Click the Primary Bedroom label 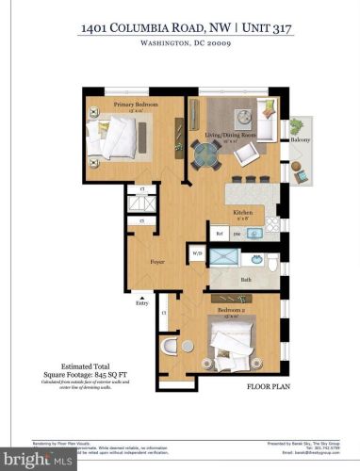coord(136,104)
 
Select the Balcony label coord(300,139)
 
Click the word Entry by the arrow coord(142,303)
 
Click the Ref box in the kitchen coord(219,233)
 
